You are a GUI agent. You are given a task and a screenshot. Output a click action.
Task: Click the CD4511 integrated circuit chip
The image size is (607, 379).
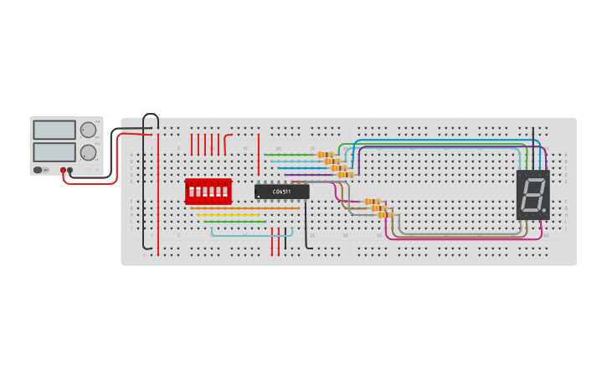tap(281, 192)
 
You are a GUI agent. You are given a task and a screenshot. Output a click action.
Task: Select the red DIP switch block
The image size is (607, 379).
tap(208, 191)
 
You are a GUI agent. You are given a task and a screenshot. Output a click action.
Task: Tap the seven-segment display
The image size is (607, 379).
tap(532, 195)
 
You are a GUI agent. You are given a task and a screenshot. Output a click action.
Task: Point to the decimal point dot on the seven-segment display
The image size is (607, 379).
tap(543, 210)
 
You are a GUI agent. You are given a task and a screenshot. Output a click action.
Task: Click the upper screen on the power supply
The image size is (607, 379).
tap(54, 130)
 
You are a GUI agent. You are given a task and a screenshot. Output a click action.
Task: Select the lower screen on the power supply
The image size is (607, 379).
tap(54, 151)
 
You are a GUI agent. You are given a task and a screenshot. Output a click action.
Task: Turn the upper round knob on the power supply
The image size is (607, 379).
tap(88, 130)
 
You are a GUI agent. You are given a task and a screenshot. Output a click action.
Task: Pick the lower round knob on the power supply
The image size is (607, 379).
tap(88, 152)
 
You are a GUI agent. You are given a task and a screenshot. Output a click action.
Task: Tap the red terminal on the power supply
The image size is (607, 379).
tap(63, 170)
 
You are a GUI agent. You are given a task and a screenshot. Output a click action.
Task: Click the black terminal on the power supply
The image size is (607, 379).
tap(70, 170)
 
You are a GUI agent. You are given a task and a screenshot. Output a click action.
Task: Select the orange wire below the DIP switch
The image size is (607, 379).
tap(243, 208)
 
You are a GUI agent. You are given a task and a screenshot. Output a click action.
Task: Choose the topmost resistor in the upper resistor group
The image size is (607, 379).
tap(325, 155)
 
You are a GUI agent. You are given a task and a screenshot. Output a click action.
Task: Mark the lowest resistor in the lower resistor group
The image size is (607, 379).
tap(385, 215)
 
